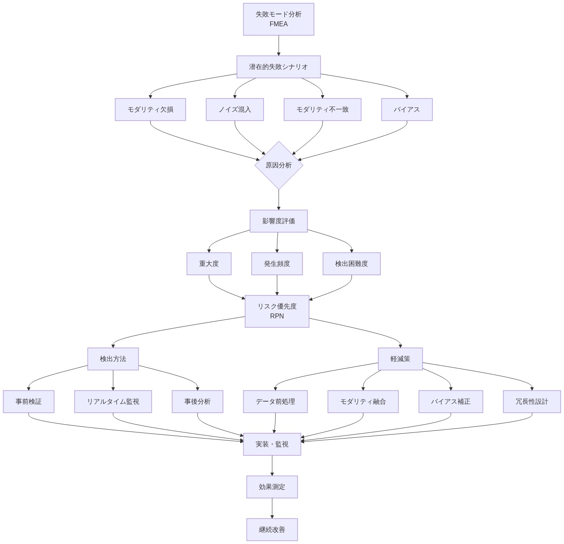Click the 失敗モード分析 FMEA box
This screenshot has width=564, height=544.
pos(278,19)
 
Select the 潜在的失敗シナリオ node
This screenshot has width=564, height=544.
pos(278,67)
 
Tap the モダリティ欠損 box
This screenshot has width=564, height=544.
pos(150,110)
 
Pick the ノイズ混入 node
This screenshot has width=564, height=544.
pos(234,110)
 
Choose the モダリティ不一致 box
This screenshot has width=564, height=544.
pos(322,110)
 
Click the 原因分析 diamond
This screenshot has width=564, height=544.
pos(279,165)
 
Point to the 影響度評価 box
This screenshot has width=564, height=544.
pos(278,221)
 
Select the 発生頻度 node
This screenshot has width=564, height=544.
pos(277,264)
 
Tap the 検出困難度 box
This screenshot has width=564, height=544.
pos(351,264)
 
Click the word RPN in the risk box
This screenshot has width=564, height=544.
pos(277,316)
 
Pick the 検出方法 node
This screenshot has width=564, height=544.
pos(113,359)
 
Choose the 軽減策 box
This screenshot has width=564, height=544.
pos(400,359)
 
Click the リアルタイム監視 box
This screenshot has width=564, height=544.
pos(113,402)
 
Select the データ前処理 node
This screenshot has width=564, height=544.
pos(275,402)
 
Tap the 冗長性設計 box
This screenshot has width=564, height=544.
pos(532,402)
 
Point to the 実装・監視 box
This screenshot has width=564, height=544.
pos(272,444)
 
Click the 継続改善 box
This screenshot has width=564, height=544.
pos(272,530)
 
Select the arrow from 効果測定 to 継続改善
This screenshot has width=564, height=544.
pos(272,508)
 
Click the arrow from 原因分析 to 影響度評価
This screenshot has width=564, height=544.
pos(279,200)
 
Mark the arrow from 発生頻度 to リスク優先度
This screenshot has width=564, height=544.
pos(277,285)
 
